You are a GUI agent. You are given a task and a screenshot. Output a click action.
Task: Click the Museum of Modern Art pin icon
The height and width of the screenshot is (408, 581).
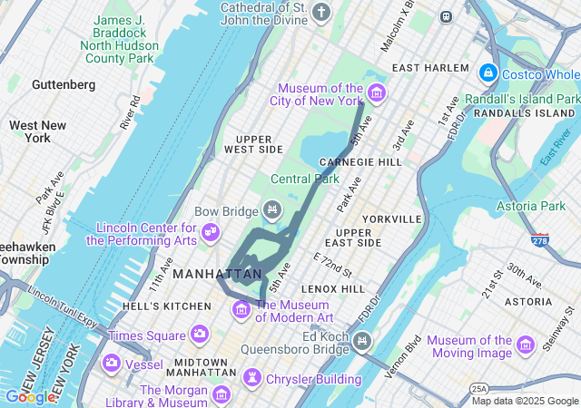point(241,310)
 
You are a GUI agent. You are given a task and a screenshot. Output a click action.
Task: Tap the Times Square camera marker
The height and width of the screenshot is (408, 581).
point(199,335)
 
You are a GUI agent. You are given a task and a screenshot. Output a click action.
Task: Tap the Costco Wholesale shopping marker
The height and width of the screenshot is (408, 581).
point(487,72)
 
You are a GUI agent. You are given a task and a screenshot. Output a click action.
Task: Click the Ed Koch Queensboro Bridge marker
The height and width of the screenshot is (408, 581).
point(362,341)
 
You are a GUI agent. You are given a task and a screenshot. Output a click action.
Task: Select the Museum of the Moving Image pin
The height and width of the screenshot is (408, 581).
point(525,345)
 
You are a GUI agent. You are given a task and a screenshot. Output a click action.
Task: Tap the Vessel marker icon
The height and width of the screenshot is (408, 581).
point(111,364)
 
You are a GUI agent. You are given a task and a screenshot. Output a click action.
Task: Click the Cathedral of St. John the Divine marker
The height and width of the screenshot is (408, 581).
point(321,12)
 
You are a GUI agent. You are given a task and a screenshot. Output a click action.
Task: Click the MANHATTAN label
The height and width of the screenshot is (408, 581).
point(217,273)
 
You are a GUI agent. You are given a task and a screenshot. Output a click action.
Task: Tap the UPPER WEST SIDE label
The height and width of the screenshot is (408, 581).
point(253,142)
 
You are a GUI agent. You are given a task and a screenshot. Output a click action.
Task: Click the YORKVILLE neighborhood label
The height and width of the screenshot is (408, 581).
point(391,219)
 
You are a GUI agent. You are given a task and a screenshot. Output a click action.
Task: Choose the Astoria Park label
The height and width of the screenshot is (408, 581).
point(530,207)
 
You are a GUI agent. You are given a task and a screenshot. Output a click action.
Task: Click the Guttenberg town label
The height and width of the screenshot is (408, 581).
point(64,84)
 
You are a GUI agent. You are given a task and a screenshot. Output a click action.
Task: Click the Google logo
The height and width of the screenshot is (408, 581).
point(30,396)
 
